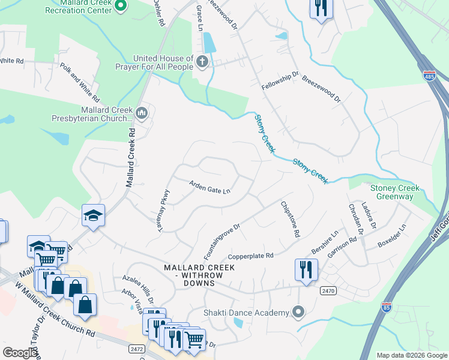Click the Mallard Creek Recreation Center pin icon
[x=120, y=6]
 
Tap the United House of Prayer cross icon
[x=202, y=61]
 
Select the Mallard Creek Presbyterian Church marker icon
[x=142, y=112]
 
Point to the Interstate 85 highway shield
[x=387, y=307]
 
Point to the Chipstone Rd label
[x=289, y=220]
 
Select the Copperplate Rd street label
[x=250, y=255]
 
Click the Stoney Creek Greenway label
[x=395, y=192]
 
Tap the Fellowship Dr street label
[x=280, y=81]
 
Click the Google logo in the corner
[x=20, y=353]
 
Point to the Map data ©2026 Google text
[x=411, y=355]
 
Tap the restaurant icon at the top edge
[x=321, y=9]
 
